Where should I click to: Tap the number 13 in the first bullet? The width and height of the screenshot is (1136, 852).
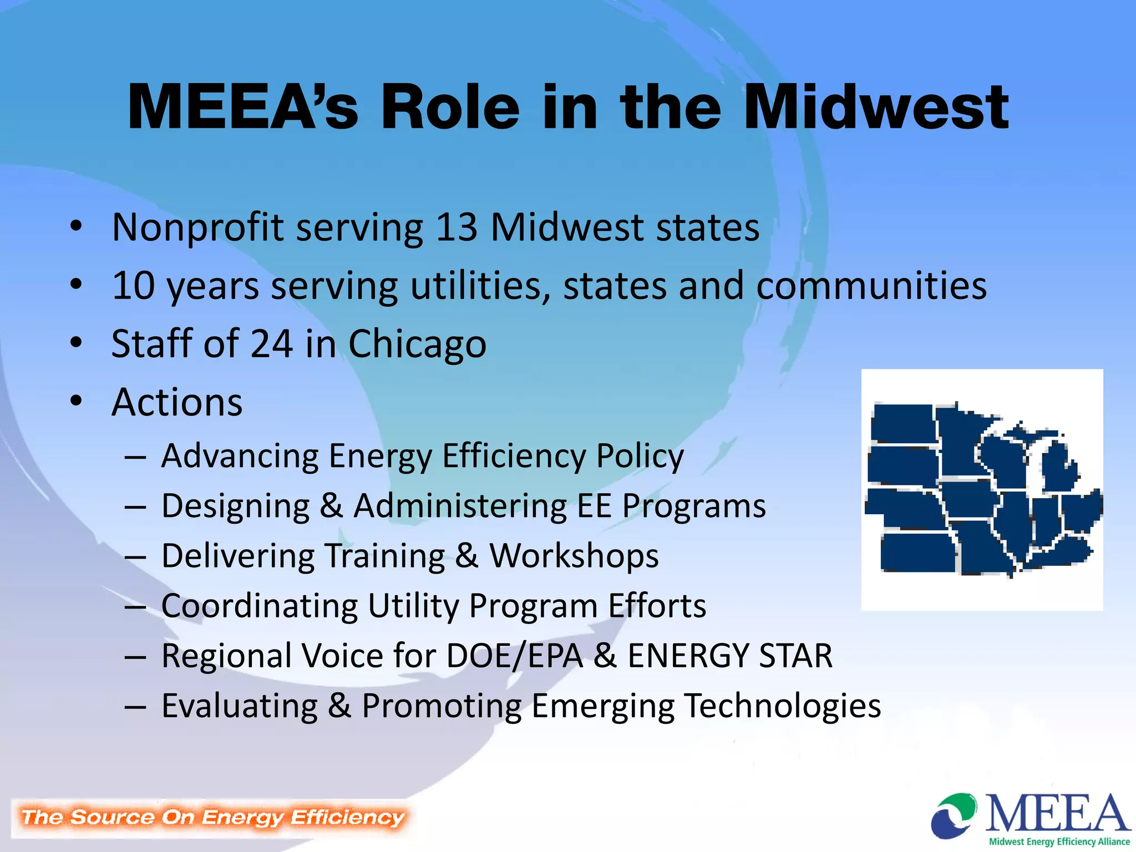[x=456, y=227]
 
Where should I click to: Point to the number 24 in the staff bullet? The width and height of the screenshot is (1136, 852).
[x=271, y=344]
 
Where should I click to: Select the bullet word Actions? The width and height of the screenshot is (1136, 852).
[x=177, y=402]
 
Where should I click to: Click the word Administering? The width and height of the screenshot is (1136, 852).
[x=460, y=506]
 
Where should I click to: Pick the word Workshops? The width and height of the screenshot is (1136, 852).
[x=574, y=556]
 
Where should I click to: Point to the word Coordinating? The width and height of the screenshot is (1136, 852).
[x=259, y=606]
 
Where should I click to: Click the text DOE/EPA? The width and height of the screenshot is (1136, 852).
[x=514, y=656]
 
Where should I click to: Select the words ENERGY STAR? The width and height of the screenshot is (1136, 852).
[x=730, y=656]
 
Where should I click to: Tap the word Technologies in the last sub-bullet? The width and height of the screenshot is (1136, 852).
[x=782, y=706]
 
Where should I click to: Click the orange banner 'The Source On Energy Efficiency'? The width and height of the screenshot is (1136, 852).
[x=212, y=818]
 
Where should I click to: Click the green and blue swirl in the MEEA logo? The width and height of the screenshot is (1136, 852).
[x=954, y=815]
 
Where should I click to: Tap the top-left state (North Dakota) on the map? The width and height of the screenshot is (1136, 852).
[x=903, y=423]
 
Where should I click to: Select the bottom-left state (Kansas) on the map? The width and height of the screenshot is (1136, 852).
[x=917, y=552]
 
